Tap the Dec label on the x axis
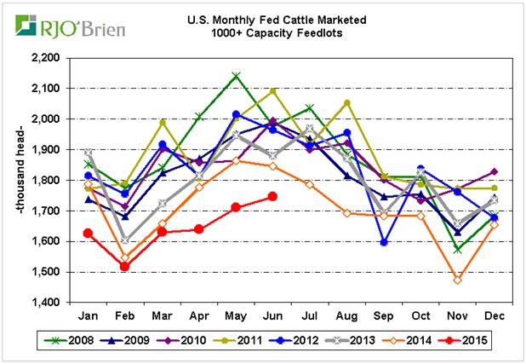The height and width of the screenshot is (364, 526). pos(494,315)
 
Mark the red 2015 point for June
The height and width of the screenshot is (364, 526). pos(272,196)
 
